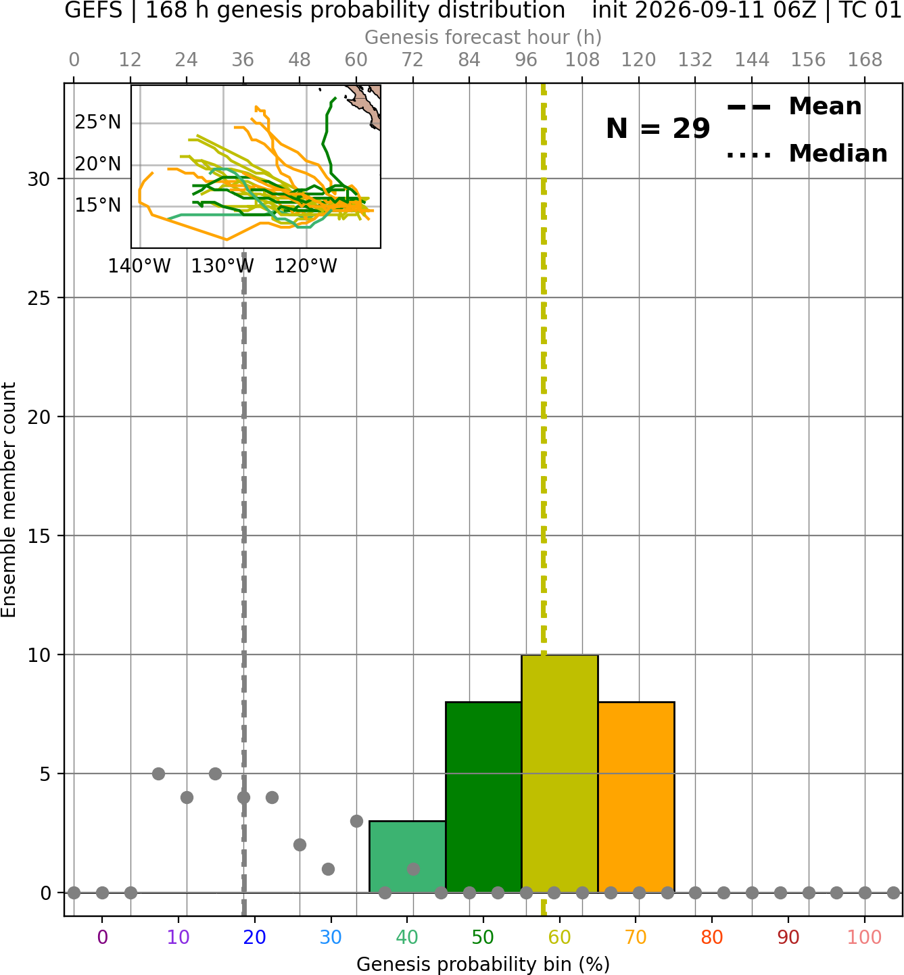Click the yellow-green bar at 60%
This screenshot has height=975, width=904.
pyautogui.click(x=560, y=774)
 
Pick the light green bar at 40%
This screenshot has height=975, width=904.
pyautogui.click(x=408, y=857)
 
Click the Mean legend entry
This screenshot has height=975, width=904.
pyautogui.click(x=794, y=107)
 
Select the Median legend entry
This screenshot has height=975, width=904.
pyautogui.click(x=807, y=153)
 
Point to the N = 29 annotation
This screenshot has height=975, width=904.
pyautogui.click(x=658, y=128)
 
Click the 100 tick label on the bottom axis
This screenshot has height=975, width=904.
pyautogui.click(x=865, y=938)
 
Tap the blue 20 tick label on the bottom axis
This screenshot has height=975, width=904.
pyautogui.click(x=255, y=938)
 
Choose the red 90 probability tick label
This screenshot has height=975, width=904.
pyautogui.click(x=788, y=938)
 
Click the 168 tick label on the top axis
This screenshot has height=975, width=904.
pyautogui.click(x=865, y=60)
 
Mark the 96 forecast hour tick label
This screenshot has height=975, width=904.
pyautogui.click(x=526, y=60)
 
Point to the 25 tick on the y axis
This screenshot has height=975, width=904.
pyautogui.click(x=39, y=298)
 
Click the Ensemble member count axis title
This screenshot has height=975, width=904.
pyautogui.click(x=8, y=500)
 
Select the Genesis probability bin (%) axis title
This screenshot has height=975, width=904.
pyautogui.click(x=483, y=964)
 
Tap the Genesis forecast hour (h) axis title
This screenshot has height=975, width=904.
pyautogui.click(x=483, y=37)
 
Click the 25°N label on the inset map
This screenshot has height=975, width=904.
pyautogui.click(x=98, y=122)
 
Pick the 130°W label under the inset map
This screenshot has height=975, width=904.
pyautogui.click(x=222, y=266)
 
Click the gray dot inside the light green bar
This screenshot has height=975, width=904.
pyautogui.click(x=413, y=869)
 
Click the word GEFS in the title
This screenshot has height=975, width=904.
pyautogui.click(x=93, y=10)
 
